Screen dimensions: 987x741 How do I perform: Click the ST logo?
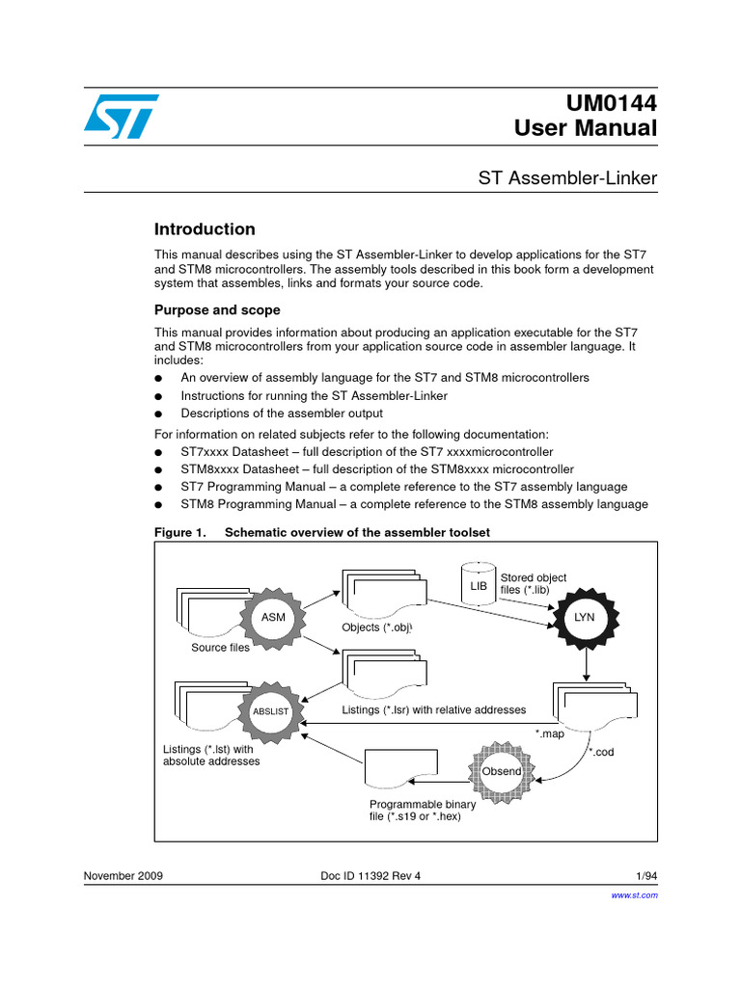pos(117,116)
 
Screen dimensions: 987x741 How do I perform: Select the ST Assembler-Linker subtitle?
pos(567,177)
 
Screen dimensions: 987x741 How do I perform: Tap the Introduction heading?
pos(205,229)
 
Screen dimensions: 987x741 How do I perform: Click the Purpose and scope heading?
pos(217,310)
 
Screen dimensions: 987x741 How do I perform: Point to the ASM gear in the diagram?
pos(273,617)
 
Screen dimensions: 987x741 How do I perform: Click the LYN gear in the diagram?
pos(585,617)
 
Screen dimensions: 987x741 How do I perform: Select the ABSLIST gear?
pos(270,711)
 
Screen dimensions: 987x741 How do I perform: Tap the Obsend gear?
pos(502,771)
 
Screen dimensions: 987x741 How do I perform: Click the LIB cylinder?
pos(479,584)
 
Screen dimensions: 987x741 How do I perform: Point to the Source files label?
pos(220,648)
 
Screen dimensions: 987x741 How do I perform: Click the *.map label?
pos(550,734)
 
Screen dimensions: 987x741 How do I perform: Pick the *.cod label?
pos(602,753)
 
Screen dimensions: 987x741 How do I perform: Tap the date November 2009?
pos(123,875)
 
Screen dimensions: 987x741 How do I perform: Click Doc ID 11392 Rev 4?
pos(370,875)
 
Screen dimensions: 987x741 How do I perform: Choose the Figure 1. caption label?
pos(180,532)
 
